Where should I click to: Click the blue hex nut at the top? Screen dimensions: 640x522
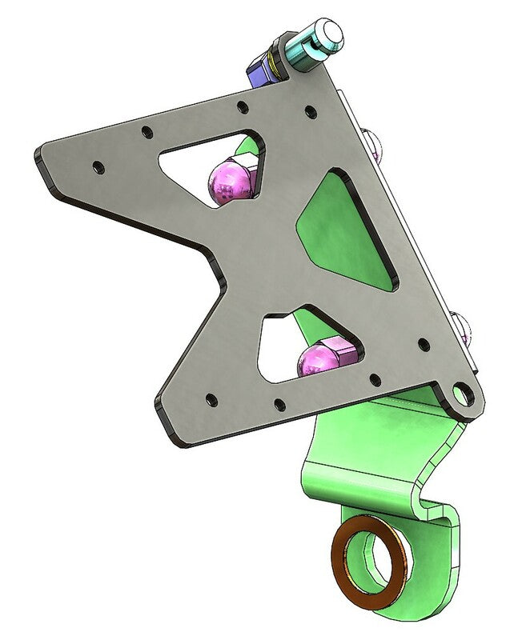click(x=262, y=67)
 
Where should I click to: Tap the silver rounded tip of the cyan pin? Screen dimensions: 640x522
click(x=328, y=31)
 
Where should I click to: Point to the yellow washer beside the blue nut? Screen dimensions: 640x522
click(x=277, y=61)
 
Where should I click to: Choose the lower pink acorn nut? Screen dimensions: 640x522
click(x=316, y=360)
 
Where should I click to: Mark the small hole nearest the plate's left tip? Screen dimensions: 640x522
click(x=97, y=168)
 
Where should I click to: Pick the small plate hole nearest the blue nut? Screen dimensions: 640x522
click(x=242, y=105)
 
